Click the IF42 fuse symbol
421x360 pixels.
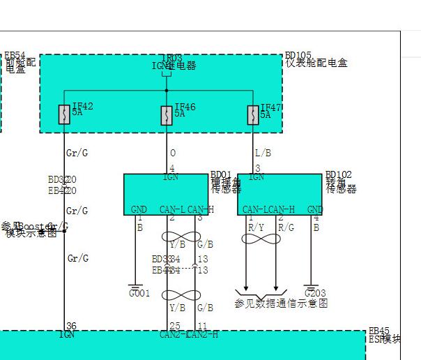pyautogui.click(x=64, y=115)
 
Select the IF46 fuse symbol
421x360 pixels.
pyautogui.click(x=167, y=115)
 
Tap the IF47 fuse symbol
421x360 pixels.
pyautogui.click(x=253, y=115)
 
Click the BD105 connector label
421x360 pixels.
pyautogui.click(x=298, y=55)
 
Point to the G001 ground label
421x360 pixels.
pyautogui.click(x=139, y=294)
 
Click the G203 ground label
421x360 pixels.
pyautogui.click(x=315, y=294)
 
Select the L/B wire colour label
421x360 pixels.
pyautogui.click(x=262, y=152)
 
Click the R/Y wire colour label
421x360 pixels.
pyautogui.click(x=257, y=227)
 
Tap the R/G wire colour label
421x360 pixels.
pyautogui.click(x=286, y=227)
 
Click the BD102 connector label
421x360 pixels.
pyautogui.click(x=338, y=174)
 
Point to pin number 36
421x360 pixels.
pyautogui.click(x=70, y=326)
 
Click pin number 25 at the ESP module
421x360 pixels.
pyautogui.click(x=174, y=326)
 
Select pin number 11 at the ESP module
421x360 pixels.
pyautogui.click(x=202, y=326)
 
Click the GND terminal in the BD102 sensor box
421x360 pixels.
pyautogui.click(x=315, y=209)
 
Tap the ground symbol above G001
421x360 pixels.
pyautogui.click(x=134, y=284)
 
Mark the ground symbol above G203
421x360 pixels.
pyautogui.click(x=312, y=284)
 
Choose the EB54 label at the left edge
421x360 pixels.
pyautogui.click(x=14, y=55)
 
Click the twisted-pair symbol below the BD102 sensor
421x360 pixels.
pyautogui.click(x=261, y=239)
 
